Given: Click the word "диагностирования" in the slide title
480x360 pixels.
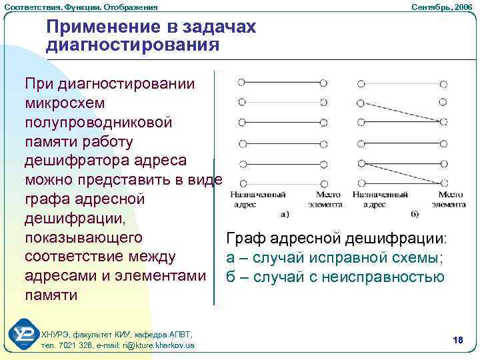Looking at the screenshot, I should point(133,45).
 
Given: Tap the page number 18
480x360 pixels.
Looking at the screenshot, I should point(457,341).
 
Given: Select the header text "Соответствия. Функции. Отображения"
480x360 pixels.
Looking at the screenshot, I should point(81,6).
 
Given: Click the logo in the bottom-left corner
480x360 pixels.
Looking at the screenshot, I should point(24,337).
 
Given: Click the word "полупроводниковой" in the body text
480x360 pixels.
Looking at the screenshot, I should point(99,123).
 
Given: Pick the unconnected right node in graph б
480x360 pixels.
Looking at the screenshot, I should point(443,102).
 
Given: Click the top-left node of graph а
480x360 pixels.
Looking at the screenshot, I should point(241,83).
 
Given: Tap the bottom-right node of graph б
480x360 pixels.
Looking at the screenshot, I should point(443,182).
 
